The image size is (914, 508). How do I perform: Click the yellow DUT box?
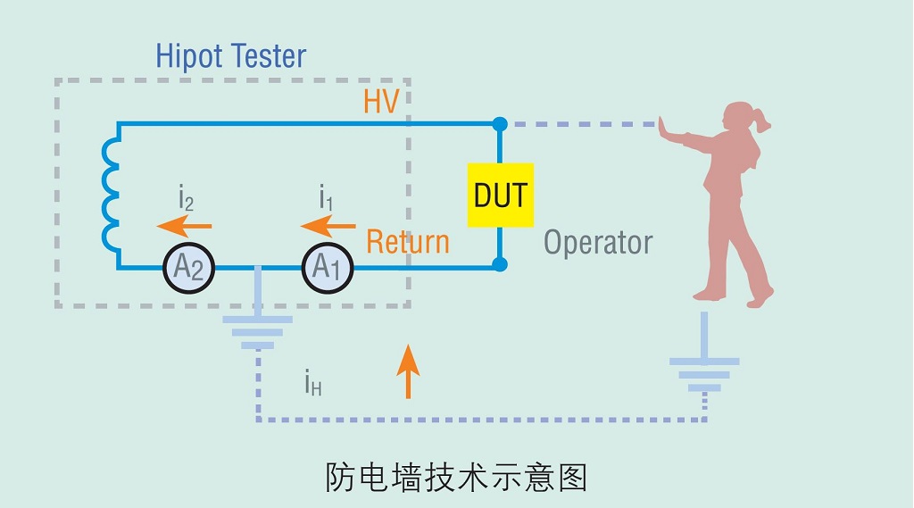tap(500, 195)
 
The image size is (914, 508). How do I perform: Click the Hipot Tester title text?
tap(230, 56)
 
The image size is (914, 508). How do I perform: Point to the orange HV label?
tap(381, 102)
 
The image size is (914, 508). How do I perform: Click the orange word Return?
tap(408, 241)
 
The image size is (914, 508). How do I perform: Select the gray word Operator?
tap(598, 242)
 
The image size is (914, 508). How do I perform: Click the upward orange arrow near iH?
tap(408, 370)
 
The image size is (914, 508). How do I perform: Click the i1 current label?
tap(326, 197)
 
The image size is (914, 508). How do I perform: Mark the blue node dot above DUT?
tap(500, 123)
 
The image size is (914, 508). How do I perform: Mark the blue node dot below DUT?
tap(500, 264)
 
